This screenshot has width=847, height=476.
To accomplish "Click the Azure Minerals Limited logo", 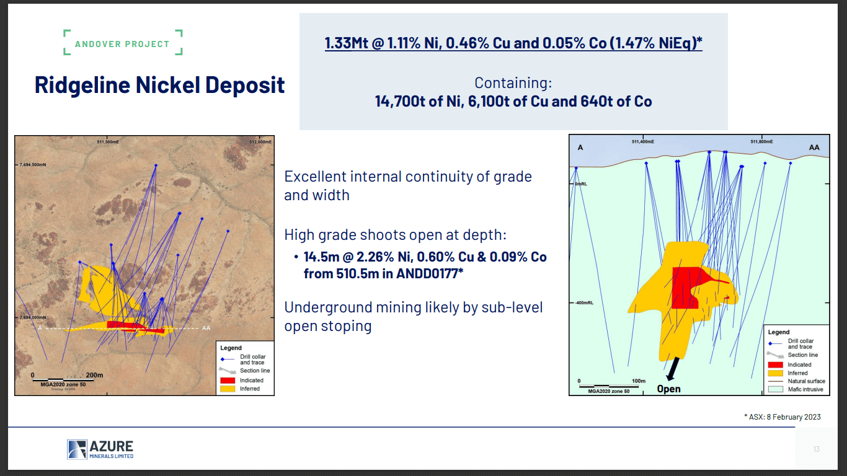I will [x=100, y=449].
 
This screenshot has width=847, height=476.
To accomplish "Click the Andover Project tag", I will [x=122, y=44].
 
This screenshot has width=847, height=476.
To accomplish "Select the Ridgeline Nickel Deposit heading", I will [x=160, y=85].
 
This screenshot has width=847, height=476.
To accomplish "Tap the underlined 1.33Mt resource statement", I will [x=513, y=43].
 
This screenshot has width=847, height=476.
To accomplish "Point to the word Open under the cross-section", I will [x=668, y=389].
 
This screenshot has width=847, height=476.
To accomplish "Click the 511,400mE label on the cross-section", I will [x=642, y=141].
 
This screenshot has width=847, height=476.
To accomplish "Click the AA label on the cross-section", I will [x=814, y=148].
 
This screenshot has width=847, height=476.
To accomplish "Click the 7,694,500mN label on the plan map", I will [x=33, y=165].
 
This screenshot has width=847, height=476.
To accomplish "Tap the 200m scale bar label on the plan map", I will [x=94, y=375].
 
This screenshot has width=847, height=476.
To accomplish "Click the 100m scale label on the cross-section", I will [x=638, y=381].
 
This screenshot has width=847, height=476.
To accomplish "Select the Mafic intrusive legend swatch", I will [x=776, y=389].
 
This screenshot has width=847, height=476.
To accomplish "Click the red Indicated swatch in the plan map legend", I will [x=228, y=380].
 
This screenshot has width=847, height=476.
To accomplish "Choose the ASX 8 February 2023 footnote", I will [x=782, y=416].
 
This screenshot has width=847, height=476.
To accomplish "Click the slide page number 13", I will [x=817, y=449].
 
